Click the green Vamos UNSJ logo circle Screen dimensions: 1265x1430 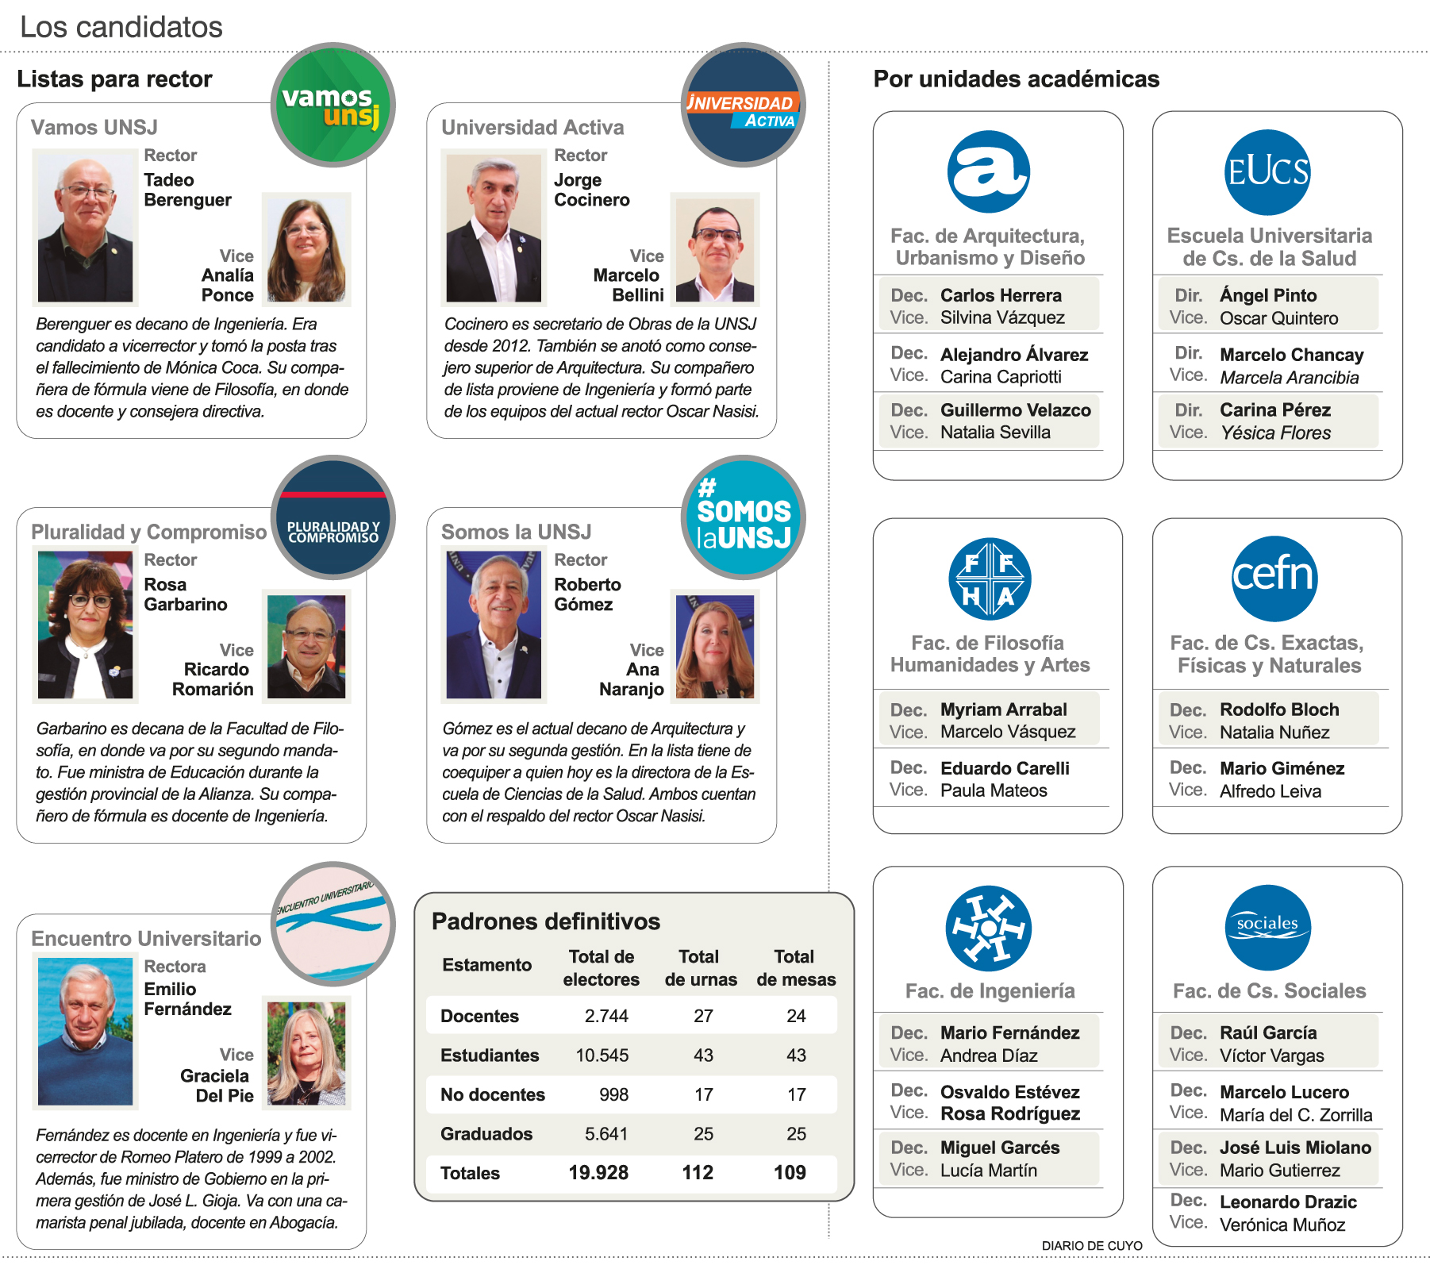point(333,105)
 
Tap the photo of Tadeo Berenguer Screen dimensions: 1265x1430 point(85,228)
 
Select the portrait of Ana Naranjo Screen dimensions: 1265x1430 point(714,646)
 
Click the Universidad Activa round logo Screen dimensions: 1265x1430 point(744,105)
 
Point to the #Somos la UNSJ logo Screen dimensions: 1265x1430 point(744,517)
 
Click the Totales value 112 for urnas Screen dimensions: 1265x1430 point(698,1173)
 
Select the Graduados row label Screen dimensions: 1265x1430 point(486,1134)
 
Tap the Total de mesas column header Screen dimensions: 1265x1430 point(795,967)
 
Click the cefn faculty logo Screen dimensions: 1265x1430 point(1274,578)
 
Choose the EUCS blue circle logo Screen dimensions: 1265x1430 point(1267,172)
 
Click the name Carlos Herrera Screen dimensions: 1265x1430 point(1001,295)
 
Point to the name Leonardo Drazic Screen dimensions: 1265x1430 point(1288,1202)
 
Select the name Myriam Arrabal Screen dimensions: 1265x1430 point(1003,709)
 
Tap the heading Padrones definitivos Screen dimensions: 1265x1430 point(545,921)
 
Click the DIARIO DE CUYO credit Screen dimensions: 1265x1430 point(1091,1246)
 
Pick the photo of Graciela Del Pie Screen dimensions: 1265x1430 point(306,1053)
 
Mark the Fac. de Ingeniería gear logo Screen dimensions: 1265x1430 point(988,928)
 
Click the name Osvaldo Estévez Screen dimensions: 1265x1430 point(1009,1092)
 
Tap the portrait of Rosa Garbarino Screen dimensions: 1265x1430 point(85,625)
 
